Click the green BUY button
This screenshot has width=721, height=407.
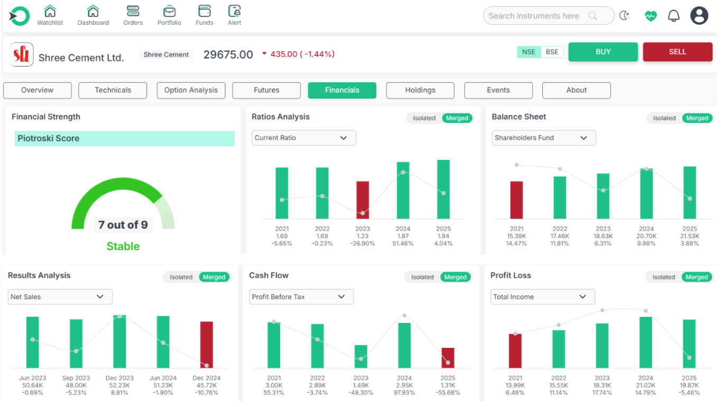[603, 52]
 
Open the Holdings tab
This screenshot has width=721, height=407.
[420, 90]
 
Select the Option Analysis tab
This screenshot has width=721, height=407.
[191, 90]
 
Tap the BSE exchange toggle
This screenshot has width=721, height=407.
[552, 52]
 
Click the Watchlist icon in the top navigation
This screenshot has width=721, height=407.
[50, 15]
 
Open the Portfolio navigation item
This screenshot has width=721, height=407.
[169, 15]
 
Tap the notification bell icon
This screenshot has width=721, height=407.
[673, 16]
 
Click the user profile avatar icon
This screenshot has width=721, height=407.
[699, 16]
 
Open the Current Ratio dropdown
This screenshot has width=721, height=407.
[303, 138]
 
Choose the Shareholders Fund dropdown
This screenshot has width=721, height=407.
[543, 138]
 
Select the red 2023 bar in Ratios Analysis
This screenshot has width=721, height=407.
[363, 200]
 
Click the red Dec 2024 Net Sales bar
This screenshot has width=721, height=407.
[207, 345]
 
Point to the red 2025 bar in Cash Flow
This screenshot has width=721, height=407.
[448, 357]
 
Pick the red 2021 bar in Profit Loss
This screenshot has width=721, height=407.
[515, 351]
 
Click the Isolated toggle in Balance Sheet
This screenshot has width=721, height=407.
[664, 118]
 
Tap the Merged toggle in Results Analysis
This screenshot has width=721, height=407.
[214, 277]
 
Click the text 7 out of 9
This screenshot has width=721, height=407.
[123, 225]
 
